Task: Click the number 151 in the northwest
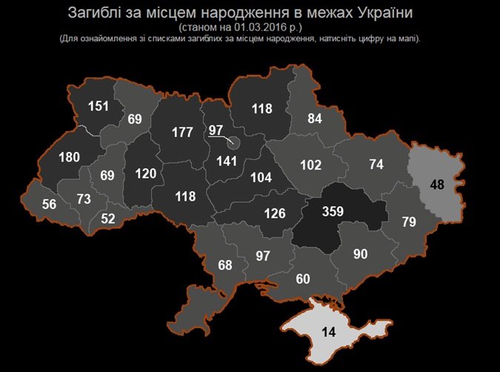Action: click(x=99, y=106)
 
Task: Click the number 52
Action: click(x=109, y=218)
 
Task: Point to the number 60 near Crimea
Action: click(x=302, y=279)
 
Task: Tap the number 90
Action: click(x=360, y=255)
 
